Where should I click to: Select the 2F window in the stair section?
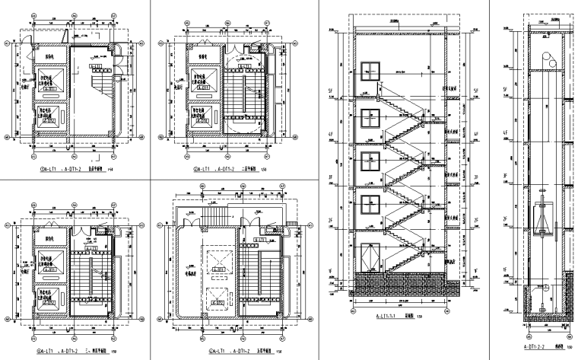pos(370,207)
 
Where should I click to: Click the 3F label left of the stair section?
pos(331,179)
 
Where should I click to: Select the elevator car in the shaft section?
pos(541,215)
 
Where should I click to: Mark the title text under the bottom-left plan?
pos(72,352)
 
